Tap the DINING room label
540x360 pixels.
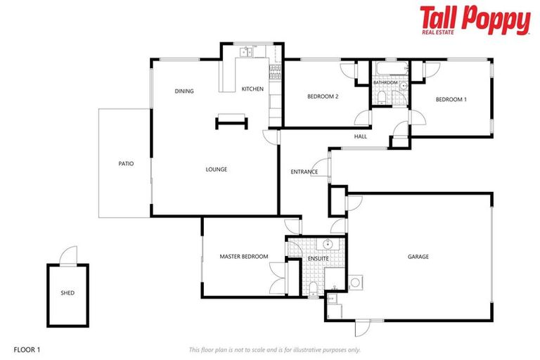(184, 91)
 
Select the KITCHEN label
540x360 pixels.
(252, 89)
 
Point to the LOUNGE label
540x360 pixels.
(216, 169)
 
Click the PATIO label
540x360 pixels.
(126, 164)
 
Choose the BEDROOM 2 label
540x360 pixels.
(323, 96)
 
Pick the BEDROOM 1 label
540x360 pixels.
(451, 100)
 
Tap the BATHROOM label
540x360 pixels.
(385, 83)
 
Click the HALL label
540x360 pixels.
(361, 136)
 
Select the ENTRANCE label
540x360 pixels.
(304, 172)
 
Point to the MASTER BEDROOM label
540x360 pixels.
(243, 257)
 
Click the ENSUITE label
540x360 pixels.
(319, 259)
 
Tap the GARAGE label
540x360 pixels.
(418, 257)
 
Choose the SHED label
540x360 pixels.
(67, 293)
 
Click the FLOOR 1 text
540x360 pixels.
(27, 349)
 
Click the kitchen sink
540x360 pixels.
(246, 51)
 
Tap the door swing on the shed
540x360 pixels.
(69, 255)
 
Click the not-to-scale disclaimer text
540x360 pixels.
(275, 349)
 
